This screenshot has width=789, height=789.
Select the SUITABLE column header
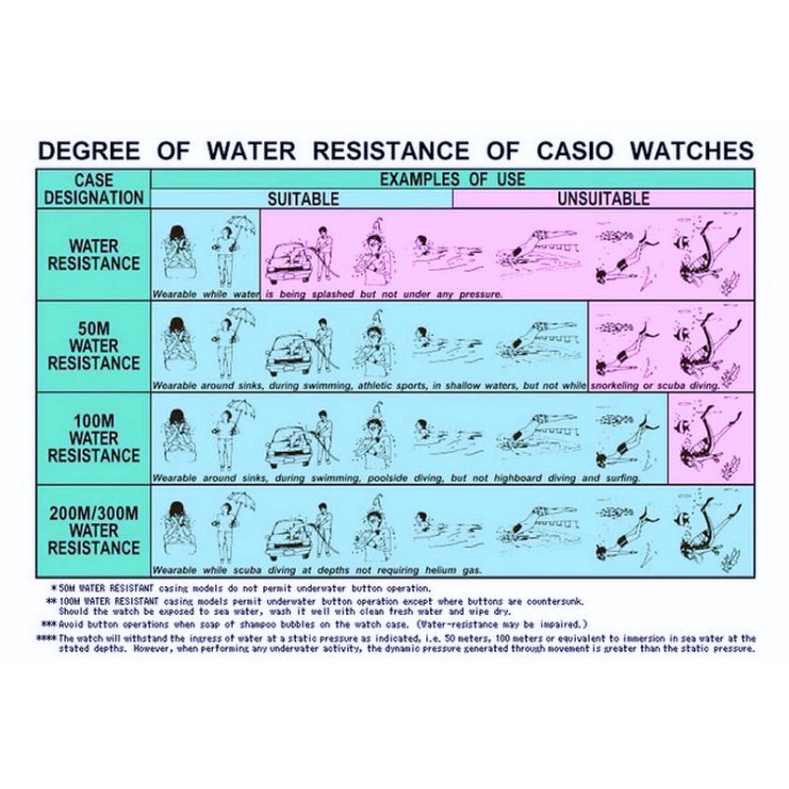click(x=303, y=198)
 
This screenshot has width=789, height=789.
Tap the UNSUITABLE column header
click(x=603, y=198)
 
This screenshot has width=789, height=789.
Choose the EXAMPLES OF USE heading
click(x=452, y=178)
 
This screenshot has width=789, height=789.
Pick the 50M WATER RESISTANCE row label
click(x=93, y=346)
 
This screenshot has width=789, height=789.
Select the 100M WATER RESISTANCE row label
click(x=93, y=439)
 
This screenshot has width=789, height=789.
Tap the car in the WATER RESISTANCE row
click(x=290, y=267)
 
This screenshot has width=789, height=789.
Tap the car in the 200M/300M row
click(x=290, y=540)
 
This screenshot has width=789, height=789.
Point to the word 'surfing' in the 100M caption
click(x=619, y=478)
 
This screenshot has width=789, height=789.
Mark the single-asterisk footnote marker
click(x=53, y=589)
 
